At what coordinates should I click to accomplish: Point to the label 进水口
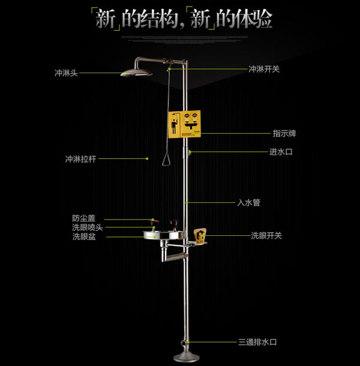coord(280,152)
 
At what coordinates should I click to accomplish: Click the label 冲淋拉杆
coord(80,159)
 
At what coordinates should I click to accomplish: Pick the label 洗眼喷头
coord(88,227)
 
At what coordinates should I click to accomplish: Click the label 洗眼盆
coord(83,237)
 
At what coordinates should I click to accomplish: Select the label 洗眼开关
coord(266,236)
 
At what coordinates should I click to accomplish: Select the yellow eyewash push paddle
coord(200,236)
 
